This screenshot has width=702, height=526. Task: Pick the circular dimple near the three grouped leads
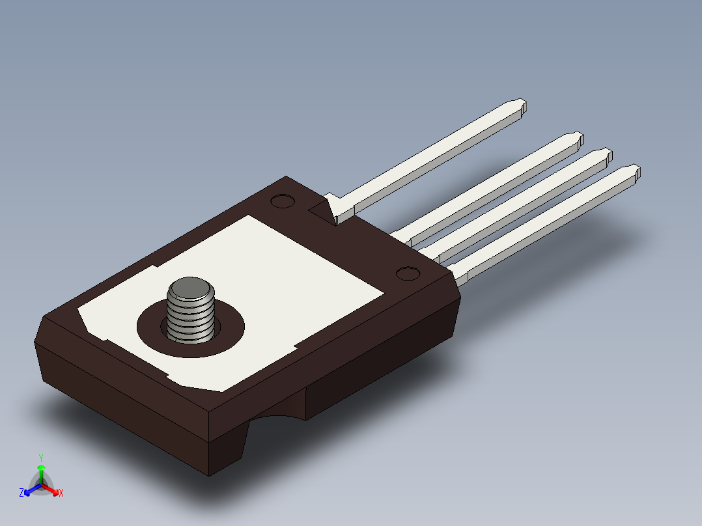click(x=408, y=273)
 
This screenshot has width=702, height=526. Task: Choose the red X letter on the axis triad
click(x=61, y=493)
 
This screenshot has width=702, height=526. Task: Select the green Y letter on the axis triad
click(x=40, y=458)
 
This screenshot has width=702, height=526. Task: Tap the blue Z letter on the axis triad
click(x=21, y=493)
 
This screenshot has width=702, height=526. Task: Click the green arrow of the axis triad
click(x=41, y=472)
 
